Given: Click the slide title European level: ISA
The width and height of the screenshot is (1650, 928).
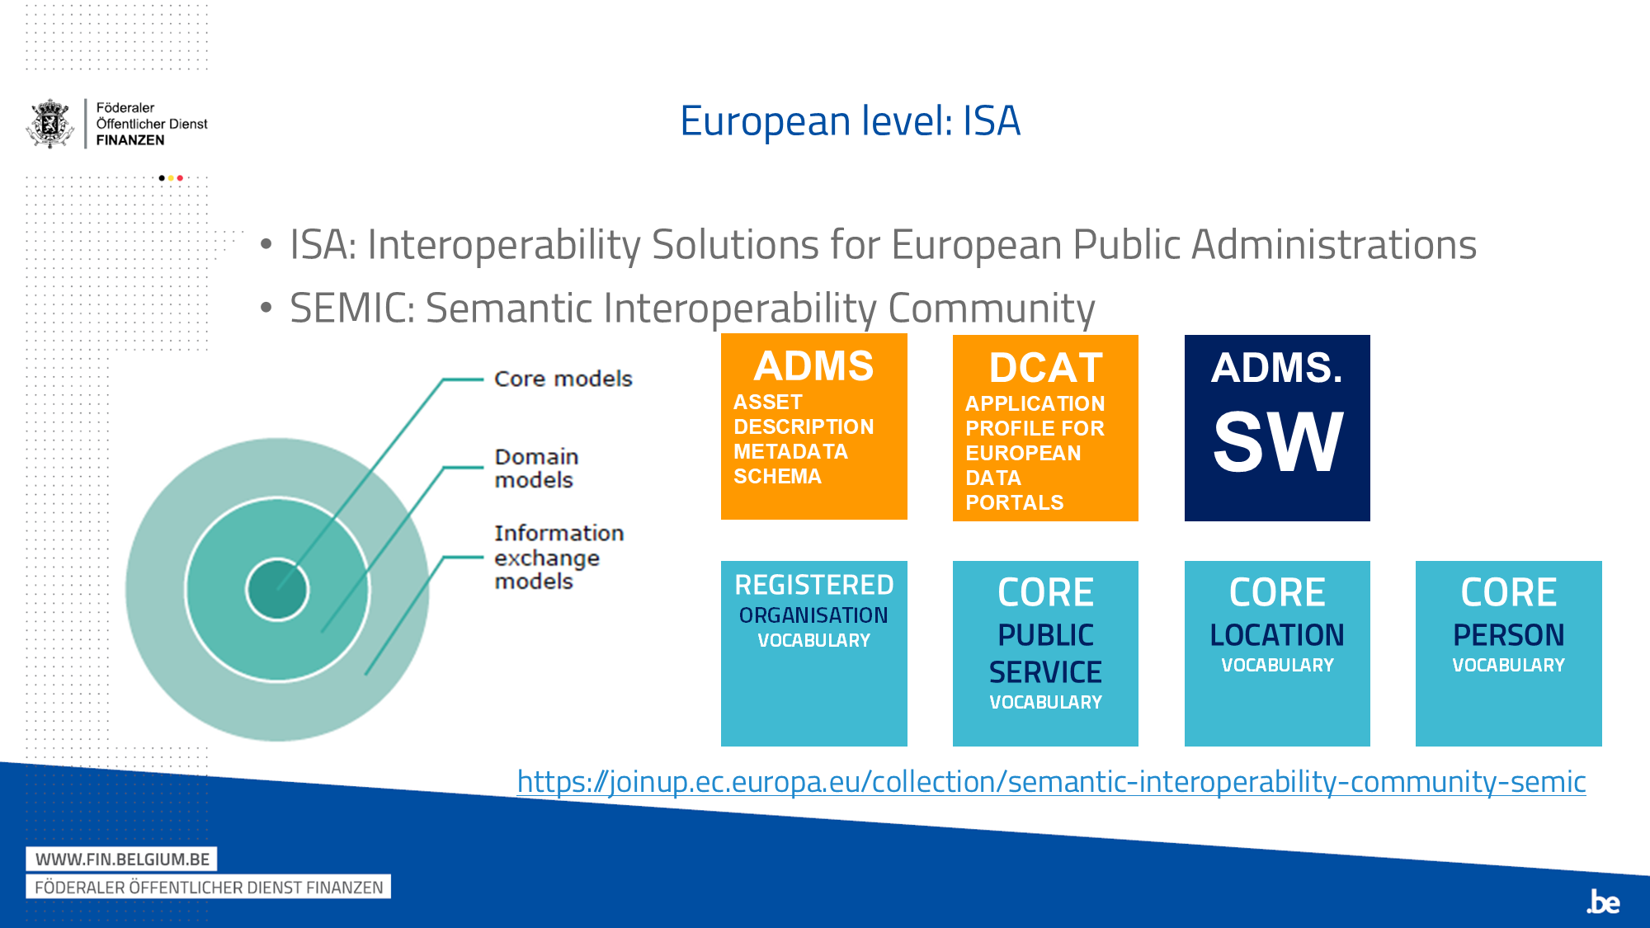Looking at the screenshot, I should point(850,121).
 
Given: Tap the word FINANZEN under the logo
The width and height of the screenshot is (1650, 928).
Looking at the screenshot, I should point(130,140).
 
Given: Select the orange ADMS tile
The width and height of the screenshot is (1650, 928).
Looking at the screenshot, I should point(813,426).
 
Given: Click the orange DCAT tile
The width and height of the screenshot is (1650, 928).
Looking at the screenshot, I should point(1045,428).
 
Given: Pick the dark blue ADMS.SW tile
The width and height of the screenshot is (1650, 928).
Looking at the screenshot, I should point(1277,428).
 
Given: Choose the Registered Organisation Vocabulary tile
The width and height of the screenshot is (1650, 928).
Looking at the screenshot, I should point(813,653).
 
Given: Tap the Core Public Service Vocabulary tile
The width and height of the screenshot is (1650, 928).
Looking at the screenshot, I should point(1045,653).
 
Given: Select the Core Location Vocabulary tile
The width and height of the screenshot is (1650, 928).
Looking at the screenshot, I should point(1277,653).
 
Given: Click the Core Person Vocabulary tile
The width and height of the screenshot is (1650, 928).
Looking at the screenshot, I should point(1508,653).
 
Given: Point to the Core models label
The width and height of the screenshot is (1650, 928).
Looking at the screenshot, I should point(563,379).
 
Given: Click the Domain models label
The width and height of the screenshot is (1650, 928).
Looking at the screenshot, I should point(536,468).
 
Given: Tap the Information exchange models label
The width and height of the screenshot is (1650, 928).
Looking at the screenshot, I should point(559,557).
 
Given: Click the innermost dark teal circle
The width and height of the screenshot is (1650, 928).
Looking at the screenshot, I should point(277,590).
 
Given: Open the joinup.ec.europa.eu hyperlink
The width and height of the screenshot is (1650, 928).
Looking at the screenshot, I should point(1051,781).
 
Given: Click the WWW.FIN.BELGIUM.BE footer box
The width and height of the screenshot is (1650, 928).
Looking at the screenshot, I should point(122,859).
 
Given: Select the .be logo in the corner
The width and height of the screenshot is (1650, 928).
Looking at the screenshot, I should point(1603,902).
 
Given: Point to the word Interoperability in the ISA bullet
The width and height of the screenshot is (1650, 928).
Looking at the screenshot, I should point(503,245).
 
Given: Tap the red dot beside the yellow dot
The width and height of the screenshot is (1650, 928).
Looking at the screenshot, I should point(180,178).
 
